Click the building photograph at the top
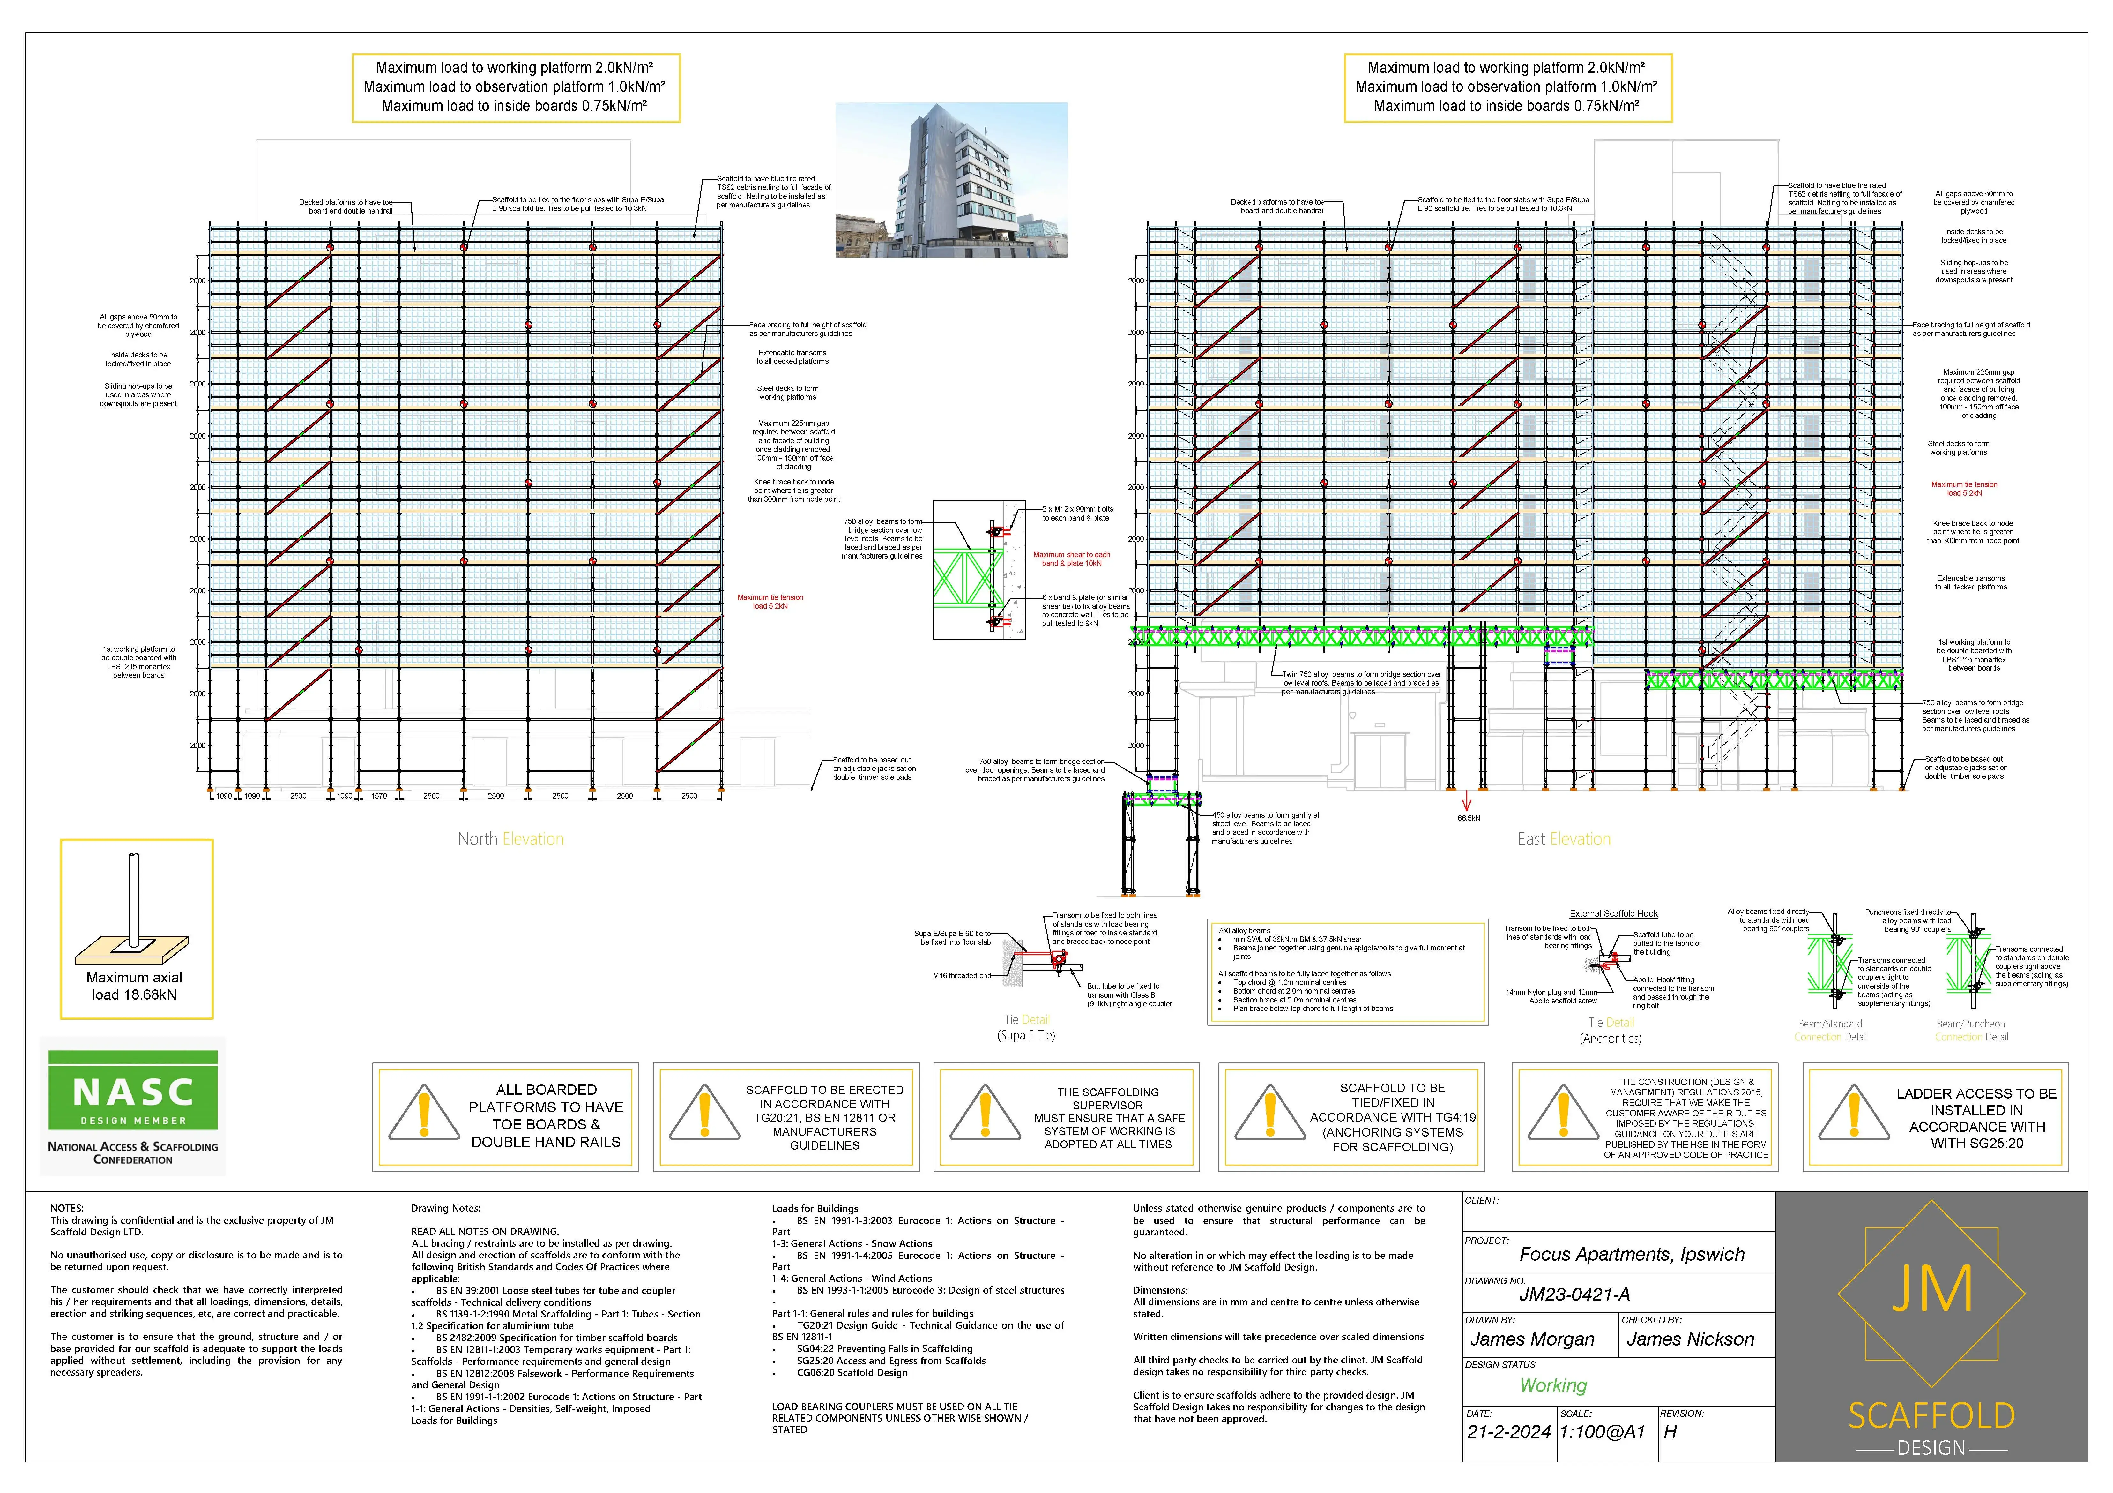point(951,180)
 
